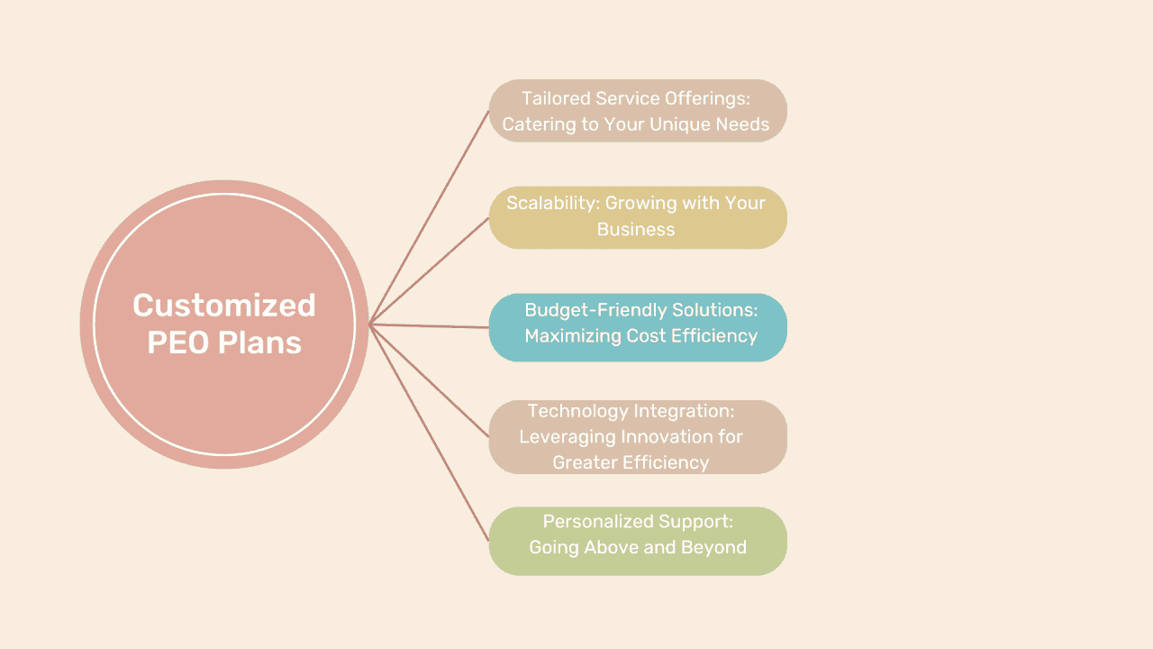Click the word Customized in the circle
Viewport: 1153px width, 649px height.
click(x=224, y=306)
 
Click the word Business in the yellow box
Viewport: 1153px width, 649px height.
click(x=636, y=229)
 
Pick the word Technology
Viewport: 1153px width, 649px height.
click(x=577, y=411)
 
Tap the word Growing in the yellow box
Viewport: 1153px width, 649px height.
click(x=642, y=203)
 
